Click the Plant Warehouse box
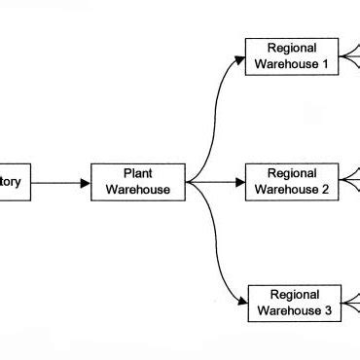[137, 181]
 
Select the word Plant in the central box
[137, 173]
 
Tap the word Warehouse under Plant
[137, 189]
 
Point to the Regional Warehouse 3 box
[294, 303]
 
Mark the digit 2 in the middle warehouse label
[326, 189]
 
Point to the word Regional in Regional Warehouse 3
[294, 295]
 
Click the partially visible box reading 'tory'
[16, 181]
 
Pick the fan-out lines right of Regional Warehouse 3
[351, 303]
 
